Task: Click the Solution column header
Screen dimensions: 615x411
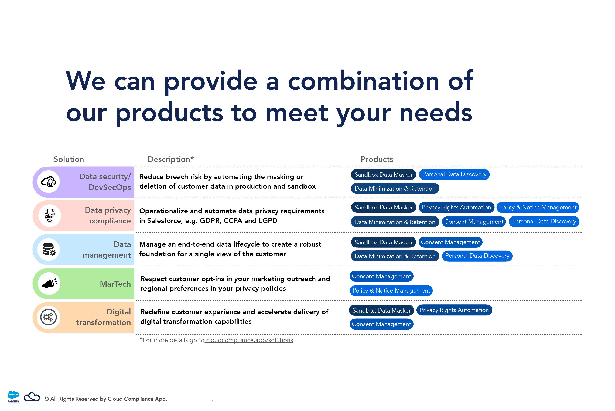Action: (69, 159)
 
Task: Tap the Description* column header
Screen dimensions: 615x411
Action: (171, 159)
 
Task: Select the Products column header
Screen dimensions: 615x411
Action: (377, 159)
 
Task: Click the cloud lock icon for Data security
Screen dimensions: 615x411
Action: (49, 182)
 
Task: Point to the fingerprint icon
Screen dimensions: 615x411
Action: (50, 216)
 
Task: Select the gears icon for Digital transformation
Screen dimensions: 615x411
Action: (49, 317)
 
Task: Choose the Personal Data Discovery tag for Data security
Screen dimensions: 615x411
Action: (454, 174)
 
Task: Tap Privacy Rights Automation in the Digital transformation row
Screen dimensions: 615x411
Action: (454, 310)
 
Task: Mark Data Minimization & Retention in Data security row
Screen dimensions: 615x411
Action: (395, 188)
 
